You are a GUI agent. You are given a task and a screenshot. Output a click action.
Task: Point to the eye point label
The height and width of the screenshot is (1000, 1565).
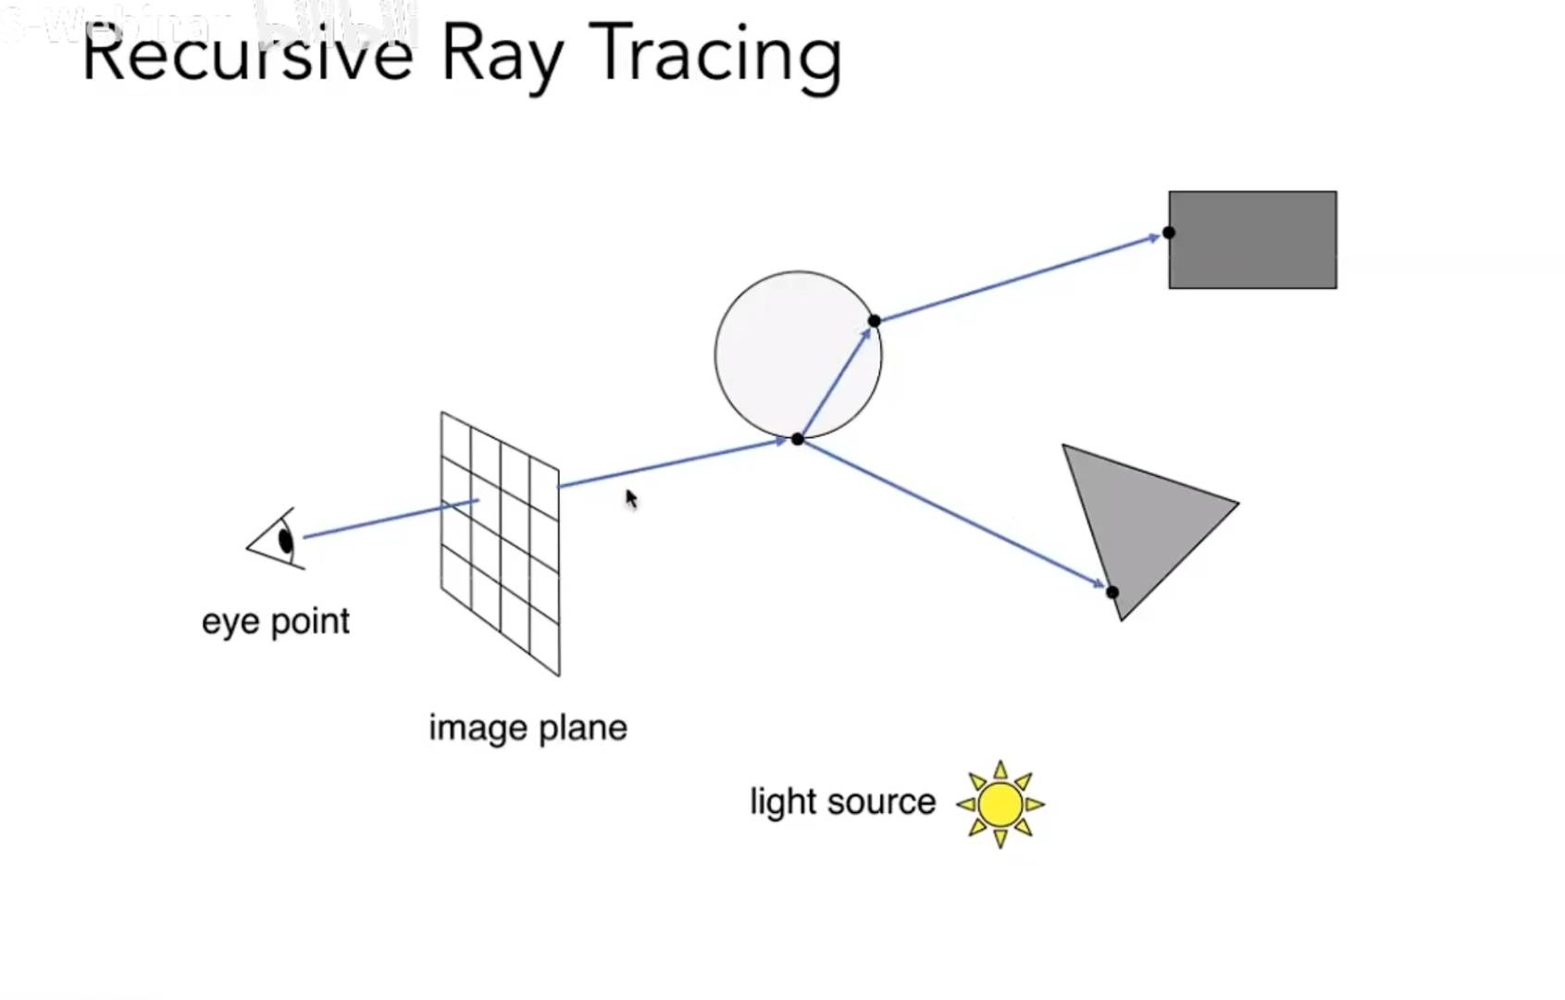click(x=275, y=621)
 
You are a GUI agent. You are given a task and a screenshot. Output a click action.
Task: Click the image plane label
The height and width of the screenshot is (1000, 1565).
click(x=528, y=728)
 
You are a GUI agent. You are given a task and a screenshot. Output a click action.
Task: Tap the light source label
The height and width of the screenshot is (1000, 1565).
click(x=842, y=802)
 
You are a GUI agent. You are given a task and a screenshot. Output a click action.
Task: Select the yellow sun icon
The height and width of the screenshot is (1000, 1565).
click(x=1000, y=804)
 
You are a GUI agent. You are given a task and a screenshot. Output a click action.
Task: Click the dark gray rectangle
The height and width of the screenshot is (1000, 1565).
click(x=1252, y=240)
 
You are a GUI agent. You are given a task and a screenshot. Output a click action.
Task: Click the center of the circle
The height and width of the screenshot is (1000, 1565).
click(x=798, y=355)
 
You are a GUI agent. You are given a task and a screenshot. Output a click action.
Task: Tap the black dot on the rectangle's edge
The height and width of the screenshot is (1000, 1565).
click(x=1169, y=232)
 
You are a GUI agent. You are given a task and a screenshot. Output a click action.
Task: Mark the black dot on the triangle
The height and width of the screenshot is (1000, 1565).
click(x=1112, y=592)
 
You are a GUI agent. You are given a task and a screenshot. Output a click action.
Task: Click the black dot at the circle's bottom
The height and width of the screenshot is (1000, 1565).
click(x=798, y=439)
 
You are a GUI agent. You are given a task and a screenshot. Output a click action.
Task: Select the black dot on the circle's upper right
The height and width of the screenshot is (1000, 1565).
click(x=875, y=321)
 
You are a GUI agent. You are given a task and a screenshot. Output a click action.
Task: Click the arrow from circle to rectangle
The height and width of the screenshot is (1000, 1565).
click(x=1018, y=278)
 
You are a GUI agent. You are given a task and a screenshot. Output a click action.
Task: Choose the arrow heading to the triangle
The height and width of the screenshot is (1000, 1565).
click(x=953, y=514)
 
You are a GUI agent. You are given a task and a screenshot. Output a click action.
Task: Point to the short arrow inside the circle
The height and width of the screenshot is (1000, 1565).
click(x=836, y=381)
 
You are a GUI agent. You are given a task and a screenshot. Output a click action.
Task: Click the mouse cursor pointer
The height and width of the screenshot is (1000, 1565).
click(x=631, y=499)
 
